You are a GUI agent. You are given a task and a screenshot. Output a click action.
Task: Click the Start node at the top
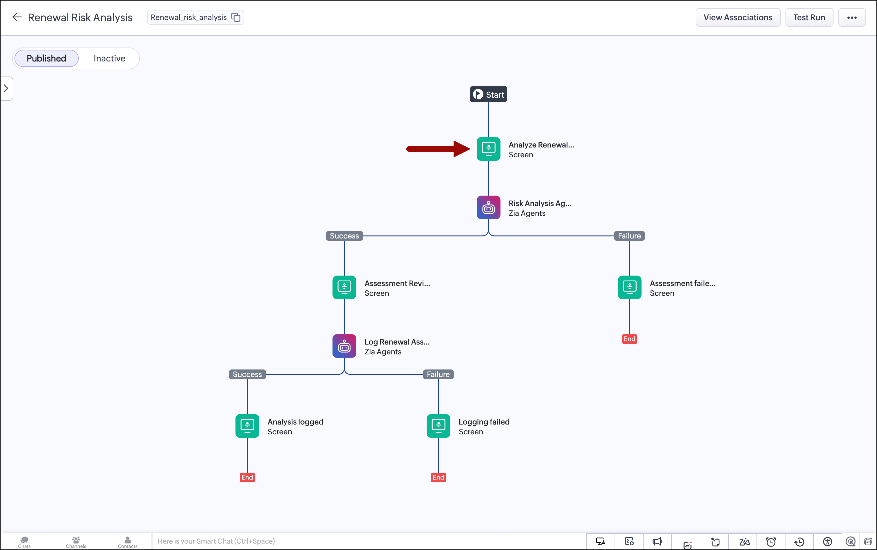pyautogui.click(x=488, y=94)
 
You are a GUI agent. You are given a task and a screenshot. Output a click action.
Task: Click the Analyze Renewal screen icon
pyautogui.click(x=488, y=149)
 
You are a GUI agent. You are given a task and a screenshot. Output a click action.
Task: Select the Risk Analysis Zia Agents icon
pyautogui.click(x=488, y=207)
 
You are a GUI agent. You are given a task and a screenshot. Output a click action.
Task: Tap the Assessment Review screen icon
pyautogui.click(x=344, y=287)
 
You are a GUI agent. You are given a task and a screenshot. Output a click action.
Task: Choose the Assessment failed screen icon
pyautogui.click(x=629, y=287)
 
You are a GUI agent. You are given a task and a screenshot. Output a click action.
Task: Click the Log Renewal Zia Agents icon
pyautogui.click(x=344, y=346)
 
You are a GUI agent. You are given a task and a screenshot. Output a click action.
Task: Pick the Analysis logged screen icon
pyautogui.click(x=247, y=426)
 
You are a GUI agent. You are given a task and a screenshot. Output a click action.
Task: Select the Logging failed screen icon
pyautogui.click(x=438, y=426)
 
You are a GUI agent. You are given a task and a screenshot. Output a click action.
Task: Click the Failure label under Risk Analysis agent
pyautogui.click(x=629, y=236)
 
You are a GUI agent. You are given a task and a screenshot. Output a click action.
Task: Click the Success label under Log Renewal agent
pyautogui.click(x=247, y=374)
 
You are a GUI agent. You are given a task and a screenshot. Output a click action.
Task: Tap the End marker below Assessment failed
pyautogui.click(x=629, y=339)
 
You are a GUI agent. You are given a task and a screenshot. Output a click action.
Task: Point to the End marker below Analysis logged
pyautogui.click(x=247, y=477)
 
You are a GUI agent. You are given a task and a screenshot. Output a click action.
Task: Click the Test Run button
pyautogui.click(x=809, y=17)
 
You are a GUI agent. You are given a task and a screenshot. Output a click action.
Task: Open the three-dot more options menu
pyautogui.click(x=852, y=17)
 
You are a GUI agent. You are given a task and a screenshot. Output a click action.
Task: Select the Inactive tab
pyautogui.click(x=109, y=58)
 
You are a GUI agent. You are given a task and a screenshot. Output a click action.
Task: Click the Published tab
pyautogui.click(x=46, y=58)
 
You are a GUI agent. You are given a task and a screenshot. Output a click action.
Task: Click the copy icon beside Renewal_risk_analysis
pyautogui.click(x=236, y=17)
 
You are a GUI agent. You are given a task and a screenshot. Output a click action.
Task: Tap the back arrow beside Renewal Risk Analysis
pyautogui.click(x=17, y=17)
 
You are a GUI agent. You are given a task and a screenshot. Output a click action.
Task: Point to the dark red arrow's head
pyautogui.click(x=470, y=149)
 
